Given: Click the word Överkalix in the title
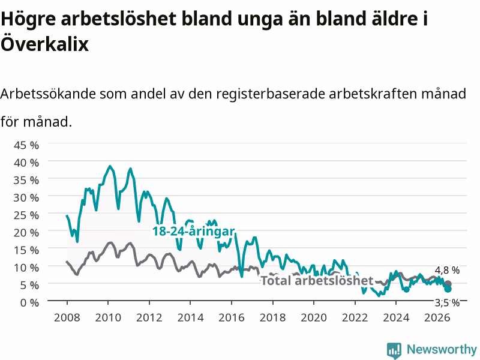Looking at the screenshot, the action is click(44, 43).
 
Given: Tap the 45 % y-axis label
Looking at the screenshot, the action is click(26, 145).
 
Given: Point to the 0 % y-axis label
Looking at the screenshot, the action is click(29, 303).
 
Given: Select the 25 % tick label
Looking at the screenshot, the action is click(26, 215).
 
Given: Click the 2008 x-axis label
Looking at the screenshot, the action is click(67, 317).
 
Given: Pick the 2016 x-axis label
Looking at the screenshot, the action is click(232, 317).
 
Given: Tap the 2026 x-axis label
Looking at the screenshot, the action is click(437, 317).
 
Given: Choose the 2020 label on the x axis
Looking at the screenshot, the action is click(314, 317).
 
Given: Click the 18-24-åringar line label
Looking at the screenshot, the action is click(193, 231).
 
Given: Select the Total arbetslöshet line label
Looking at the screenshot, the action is click(317, 280).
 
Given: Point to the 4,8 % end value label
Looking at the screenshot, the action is click(447, 270).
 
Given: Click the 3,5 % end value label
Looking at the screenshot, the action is click(447, 303).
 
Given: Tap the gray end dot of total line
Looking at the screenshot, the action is click(448, 284).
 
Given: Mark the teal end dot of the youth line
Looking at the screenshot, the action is click(448, 289).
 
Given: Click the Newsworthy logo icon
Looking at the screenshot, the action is click(394, 350).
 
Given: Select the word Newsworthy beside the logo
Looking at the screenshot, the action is click(442, 349).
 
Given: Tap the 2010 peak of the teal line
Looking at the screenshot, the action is click(110, 166).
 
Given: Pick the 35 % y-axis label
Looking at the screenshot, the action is click(26, 181).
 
